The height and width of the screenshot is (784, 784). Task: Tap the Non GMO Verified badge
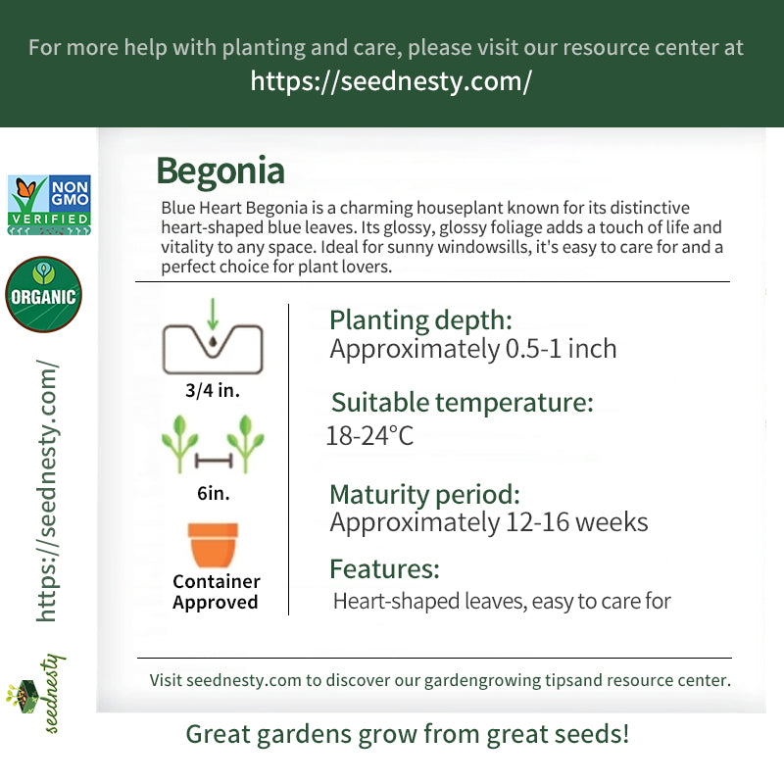click(x=49, y=205)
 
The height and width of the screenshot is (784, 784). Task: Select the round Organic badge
click(x=43, y=294)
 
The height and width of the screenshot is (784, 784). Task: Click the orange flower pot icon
click(x=213, y=545)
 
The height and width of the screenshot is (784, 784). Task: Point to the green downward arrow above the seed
click(x=213, y=314)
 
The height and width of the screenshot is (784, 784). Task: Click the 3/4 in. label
click(x=213, y=390)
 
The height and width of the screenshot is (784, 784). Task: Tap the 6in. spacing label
click(x=214, y=493)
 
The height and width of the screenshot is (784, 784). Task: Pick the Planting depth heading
click(x=420, y=320)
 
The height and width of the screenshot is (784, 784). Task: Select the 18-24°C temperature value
click(x=370, y=435)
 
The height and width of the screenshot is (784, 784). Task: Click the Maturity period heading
click(x=425, y=495)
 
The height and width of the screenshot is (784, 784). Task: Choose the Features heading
click(x=384, y=569)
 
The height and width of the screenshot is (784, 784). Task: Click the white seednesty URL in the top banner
click(x=391, y=81)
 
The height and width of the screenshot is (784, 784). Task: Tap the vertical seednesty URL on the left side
click(x=47, y=491)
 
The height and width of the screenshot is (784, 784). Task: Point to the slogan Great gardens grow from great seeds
click(x=407, y=734)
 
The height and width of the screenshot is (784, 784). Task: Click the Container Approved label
click(x=216, y=592)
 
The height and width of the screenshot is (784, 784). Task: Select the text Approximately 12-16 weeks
click(x=488, y=522)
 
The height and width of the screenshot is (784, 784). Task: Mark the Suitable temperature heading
click(x=462, y=403)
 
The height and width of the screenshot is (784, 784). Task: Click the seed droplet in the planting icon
click(x=213, y=341)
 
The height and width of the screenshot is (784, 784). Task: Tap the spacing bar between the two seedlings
click(x=214, y=461)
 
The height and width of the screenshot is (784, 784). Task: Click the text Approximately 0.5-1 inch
click(x=473, y=349)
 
